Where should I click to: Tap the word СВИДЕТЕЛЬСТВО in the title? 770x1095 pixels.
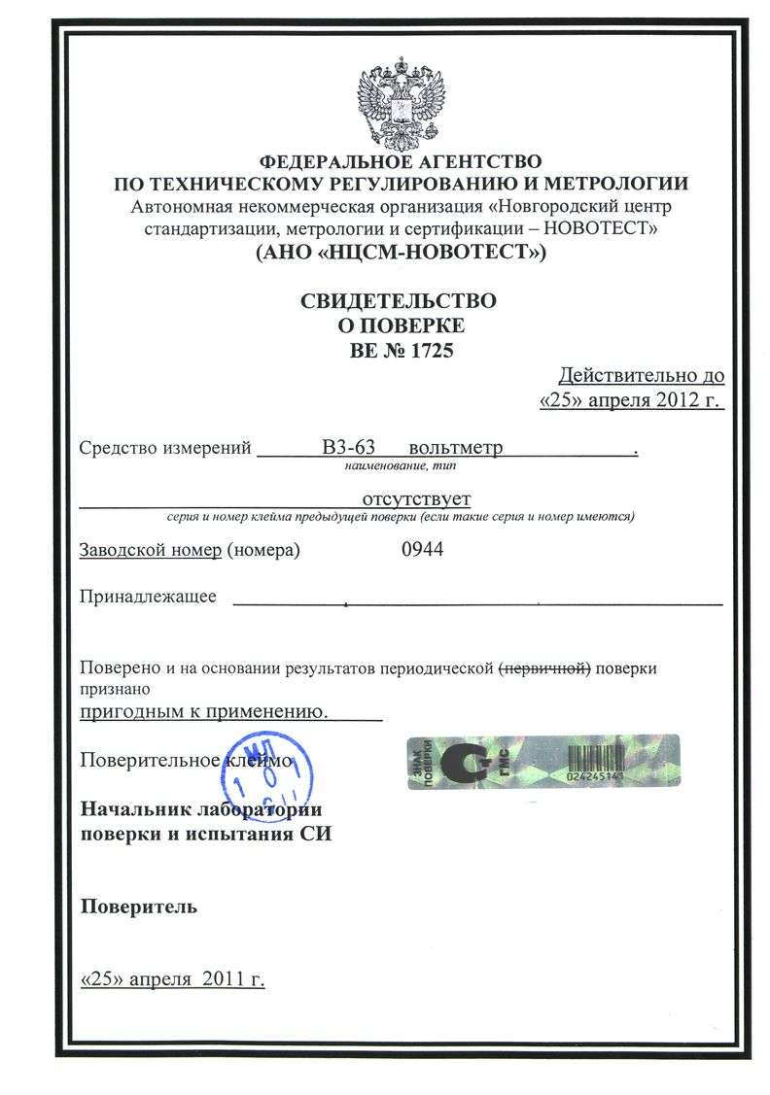(398, 300)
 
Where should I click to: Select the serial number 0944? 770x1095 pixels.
(422, 550)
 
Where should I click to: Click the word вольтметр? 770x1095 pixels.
(456, 449)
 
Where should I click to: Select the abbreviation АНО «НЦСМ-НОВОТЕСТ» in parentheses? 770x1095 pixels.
(400, 255)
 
